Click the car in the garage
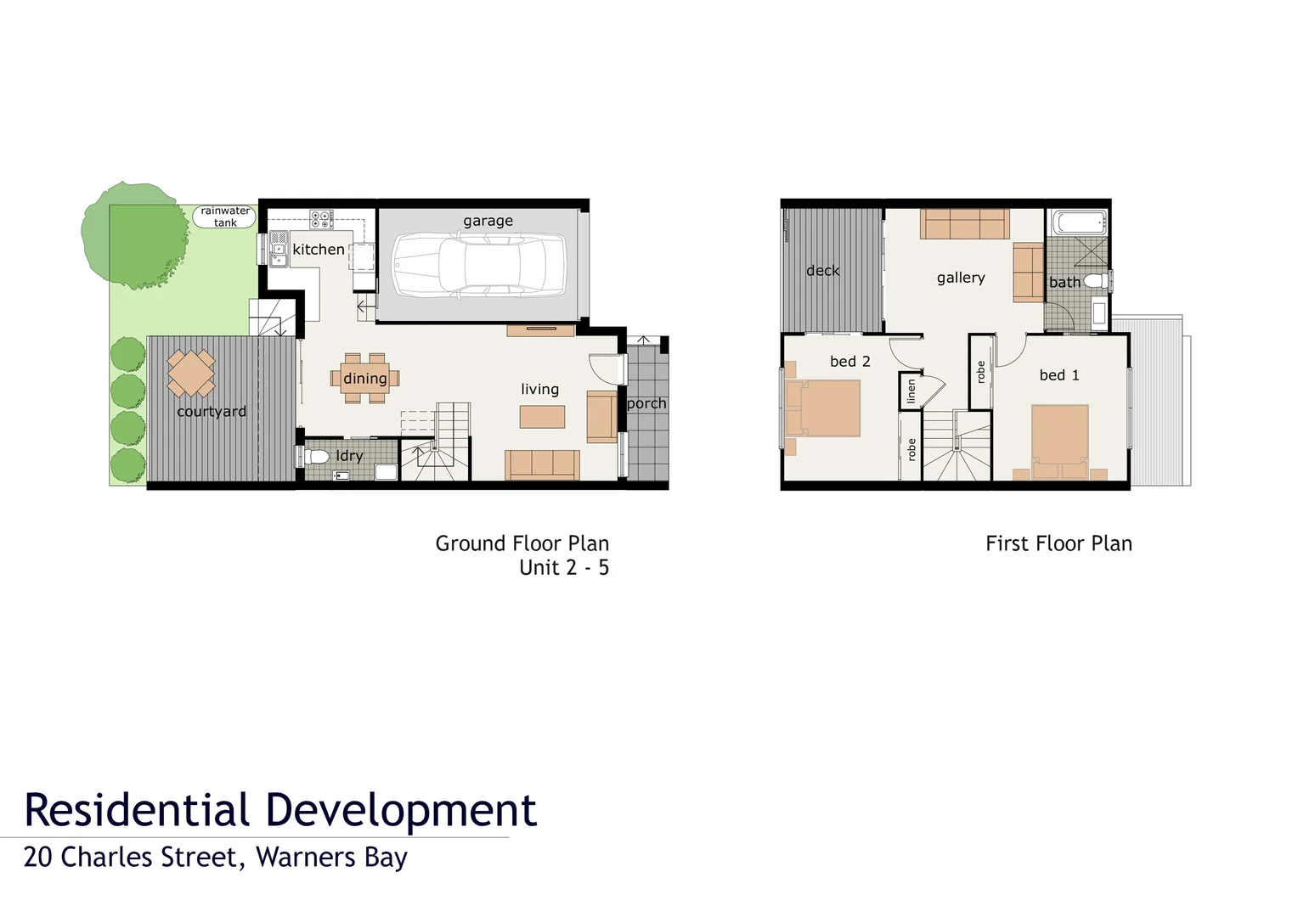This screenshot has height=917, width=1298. pyautogui.click(x=478, y=266)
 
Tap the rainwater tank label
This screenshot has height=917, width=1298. pyautogui.click(x=225, y=217)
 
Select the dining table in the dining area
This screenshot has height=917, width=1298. pyautogui.click(x=365, y=379)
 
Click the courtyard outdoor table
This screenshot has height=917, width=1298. pyautogui.click(x=191, y=374)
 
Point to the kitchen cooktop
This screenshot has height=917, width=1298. pyautogui.click(x=321, y=219)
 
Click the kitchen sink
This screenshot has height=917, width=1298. pyautogui.click(x=278, y=251)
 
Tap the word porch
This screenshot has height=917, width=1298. pyautogui.click(x=646, y=403)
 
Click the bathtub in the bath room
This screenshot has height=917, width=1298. pyautogui.click(x=1079, y=223)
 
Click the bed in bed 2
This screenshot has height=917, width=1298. pyautogui.click(x=822, y=408)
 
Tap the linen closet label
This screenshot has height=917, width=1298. pyautogui.click(x=911, y=391)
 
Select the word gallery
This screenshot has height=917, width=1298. pyautogui.click(x=961, y=278)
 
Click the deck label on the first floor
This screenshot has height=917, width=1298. pyautogui.click(x=822, y=271)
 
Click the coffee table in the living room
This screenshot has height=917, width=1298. pyautogui.click(x=542, y=417)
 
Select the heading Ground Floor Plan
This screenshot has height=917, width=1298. pyautogui.click(x=522, y=543)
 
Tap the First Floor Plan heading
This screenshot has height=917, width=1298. pyautogui.click(x=1058, y=543)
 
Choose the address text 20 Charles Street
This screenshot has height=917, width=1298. pyautogui.click(x=131, y=858)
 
